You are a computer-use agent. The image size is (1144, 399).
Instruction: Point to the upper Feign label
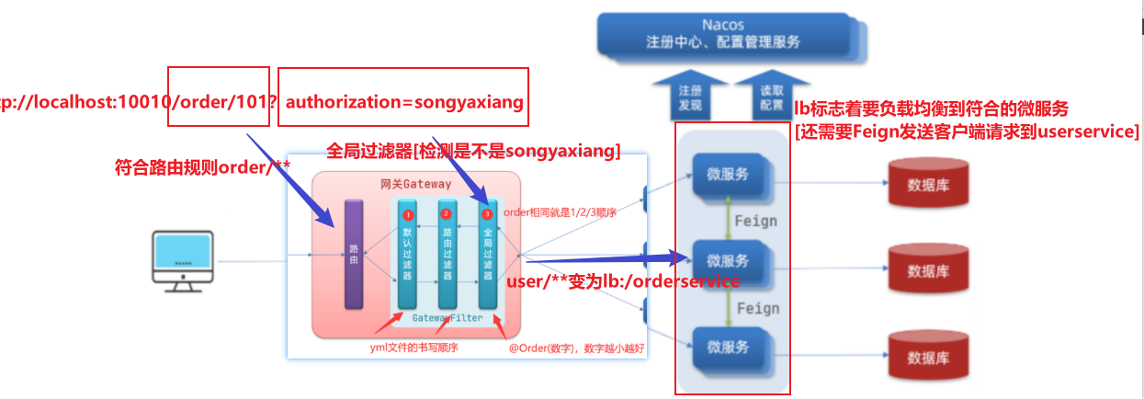pyautogui.click(x=754, y=221)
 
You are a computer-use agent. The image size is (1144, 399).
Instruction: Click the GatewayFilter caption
pyautogui.click(x=447, y=317)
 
